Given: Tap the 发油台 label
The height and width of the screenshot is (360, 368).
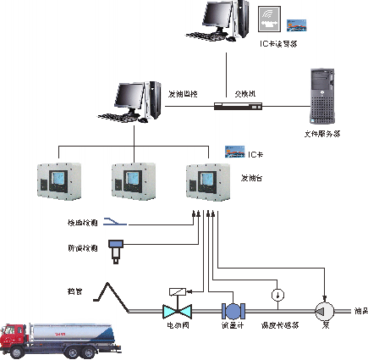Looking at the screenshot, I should pos(252,179).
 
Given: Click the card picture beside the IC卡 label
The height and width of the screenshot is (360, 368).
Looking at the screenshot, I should pos(233,152).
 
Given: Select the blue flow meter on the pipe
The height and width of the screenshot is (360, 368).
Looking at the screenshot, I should pos(230,310).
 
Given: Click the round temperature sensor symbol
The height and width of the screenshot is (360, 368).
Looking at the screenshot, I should pos(277,294).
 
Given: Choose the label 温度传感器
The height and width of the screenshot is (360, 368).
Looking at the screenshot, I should pos(277,326).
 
